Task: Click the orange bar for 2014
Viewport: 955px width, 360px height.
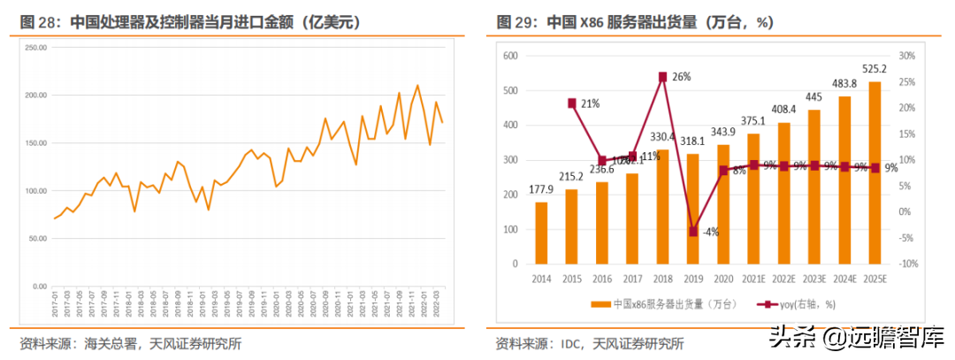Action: pyautogui.click(x=541, y=234)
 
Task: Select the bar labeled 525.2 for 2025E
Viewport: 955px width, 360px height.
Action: pyautogui.click(x=875, y=173)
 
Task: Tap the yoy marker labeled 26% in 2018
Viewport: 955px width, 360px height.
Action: pyautogui.click(x=663, y=77)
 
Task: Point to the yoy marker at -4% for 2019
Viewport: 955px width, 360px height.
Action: pyautogui.click(x=694, y=232)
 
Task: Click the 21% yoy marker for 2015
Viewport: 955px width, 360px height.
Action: pyautogui.click(x=572, y=103)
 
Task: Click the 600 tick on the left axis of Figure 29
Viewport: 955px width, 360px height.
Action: pyautogui.click(x=508, y=56)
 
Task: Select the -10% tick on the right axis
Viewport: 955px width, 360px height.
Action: pyautogui.click(x=905, y=264)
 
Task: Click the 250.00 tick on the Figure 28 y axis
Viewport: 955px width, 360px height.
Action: pyautogui.click(x=35, y=47)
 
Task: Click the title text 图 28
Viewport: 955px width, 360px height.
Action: pyautogui.click(x=39, y=20)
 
